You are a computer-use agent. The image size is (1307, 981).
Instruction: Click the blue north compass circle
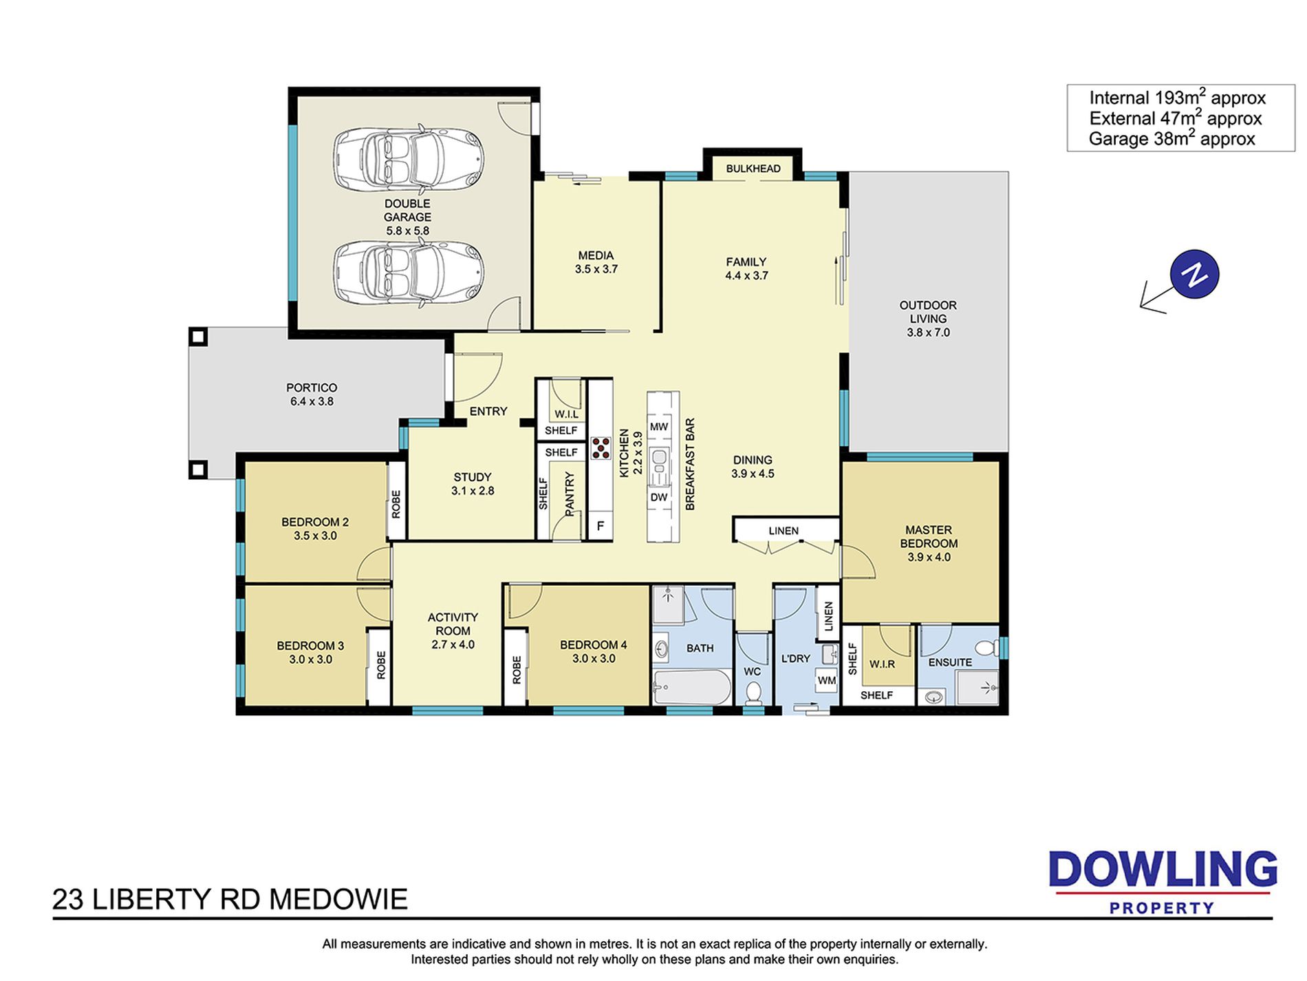click(x=1194, y=274)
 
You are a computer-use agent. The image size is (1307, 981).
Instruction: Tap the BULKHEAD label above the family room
click(x=753, y=169)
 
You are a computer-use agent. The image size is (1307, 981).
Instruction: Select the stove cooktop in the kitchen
click(x=601, y=447)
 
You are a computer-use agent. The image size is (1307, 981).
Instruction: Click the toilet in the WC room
click(x=754, y=693)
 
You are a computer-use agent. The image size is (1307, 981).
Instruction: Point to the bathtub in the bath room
click(x=692, y=687)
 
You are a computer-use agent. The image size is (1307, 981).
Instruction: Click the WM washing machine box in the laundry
click(x=826, y=680)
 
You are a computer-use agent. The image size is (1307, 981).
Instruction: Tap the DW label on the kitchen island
click(x=659, y=497)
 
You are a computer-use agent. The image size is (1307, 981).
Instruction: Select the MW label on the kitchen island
click(x=659, y=427)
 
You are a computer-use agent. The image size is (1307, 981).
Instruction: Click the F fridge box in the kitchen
click(x=601, y=526)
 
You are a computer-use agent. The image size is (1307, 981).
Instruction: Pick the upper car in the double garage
click(x=409, y=158)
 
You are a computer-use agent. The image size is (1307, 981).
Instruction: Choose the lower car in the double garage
click(x=409, y=273)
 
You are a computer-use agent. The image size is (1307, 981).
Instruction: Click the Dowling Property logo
click(x=1163, y=882)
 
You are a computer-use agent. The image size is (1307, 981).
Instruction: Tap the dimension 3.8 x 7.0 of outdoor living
click(x=928, y=333)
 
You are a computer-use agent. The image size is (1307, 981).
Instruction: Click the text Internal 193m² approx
click(x=1177, y=98)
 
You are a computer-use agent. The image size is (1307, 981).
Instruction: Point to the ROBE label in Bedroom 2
click(x=396, y=504)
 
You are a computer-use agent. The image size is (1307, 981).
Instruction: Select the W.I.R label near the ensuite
click(x=882, y=664)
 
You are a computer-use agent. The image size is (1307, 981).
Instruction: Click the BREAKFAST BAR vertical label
click(x=691, y=464)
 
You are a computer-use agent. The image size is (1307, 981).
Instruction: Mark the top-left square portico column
click(x=198, y=337)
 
